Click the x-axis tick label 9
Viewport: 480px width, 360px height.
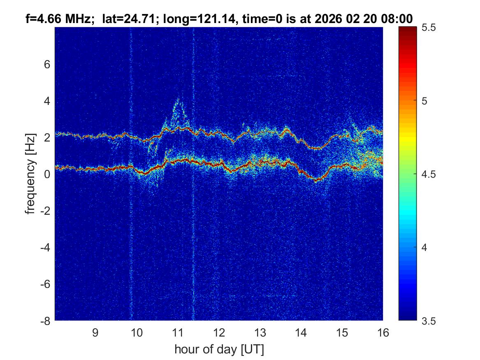pyautogui.click(x=95, y=333)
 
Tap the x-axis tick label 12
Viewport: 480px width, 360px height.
pyautogui.click(x=218, y=333)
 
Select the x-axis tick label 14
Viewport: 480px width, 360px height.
pyautogui.click(x=301, y=333)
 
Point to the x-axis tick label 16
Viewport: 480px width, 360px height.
pyautogui.click(x=383, y=333)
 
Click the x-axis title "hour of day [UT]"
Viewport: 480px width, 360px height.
pyautogui.click(x=219, y=350)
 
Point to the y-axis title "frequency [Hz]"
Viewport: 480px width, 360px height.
pyautogui.click(x=30, y=174)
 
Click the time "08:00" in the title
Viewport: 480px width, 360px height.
pyautogui.click(x=399, y=19)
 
